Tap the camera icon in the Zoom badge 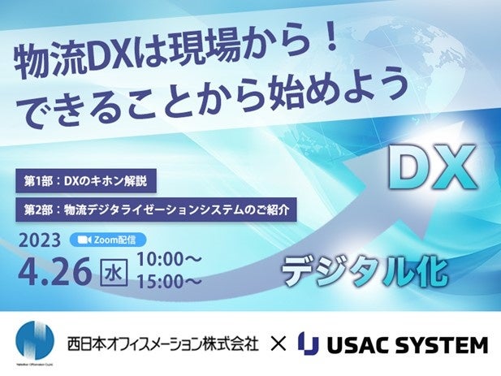click(82, 240)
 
